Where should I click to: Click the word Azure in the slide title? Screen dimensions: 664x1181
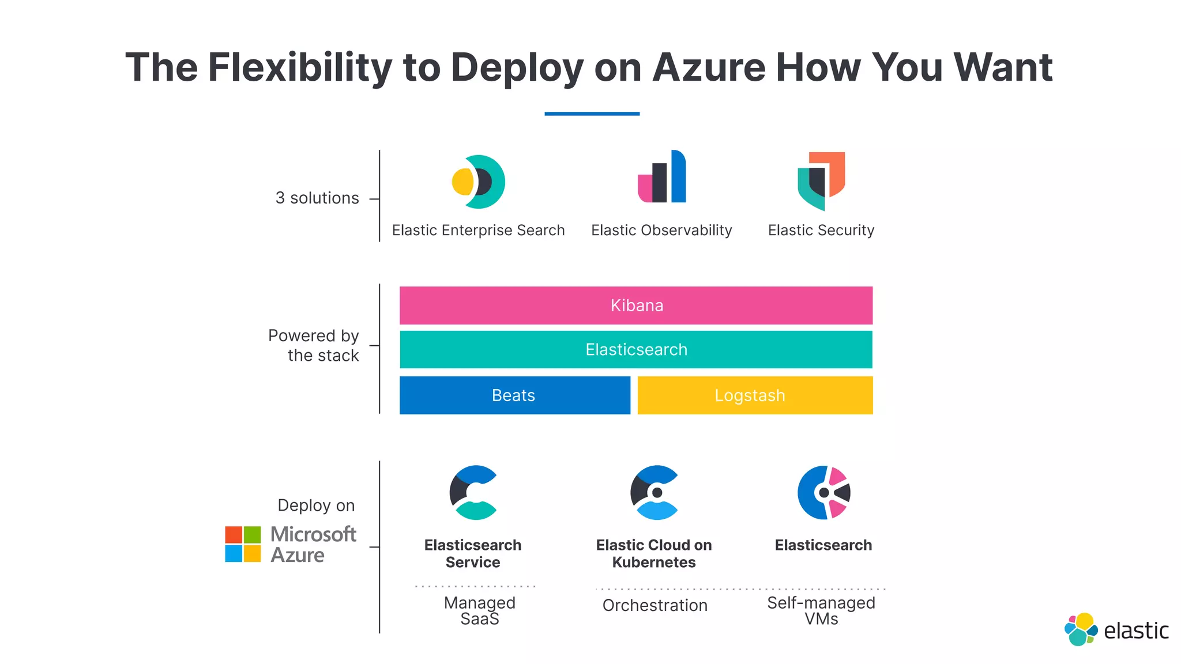click(709, 68)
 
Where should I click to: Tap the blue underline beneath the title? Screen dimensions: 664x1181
click(592, 114)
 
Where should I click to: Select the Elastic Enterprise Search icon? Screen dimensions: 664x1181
click(478, 182)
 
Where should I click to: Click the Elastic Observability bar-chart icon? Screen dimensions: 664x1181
click(662, 177)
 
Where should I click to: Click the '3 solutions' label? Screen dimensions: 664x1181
click(317, 198)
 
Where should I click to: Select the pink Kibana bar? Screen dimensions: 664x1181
click(636, 305)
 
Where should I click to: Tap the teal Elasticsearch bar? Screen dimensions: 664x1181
click(636, 349)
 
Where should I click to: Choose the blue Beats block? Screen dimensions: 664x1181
click(514, 395)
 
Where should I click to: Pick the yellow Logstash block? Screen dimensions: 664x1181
click(755, 395)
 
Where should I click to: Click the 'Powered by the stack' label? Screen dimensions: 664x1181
click(314, 345)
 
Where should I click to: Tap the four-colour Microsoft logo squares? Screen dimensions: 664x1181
click(243, 544)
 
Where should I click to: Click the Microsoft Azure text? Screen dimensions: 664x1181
click(312, 545)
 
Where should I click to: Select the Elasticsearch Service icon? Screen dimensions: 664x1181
click(473, 493)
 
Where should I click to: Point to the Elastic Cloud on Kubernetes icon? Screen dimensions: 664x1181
click(654, 493)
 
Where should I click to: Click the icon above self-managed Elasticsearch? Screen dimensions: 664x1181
click(823, 493)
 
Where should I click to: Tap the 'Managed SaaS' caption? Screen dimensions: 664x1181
click(480, 610)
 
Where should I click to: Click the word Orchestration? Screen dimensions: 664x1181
click(655, 605)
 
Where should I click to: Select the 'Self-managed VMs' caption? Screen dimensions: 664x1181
click(821, 610)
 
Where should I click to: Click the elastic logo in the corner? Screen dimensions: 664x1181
click(1116, 630)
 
